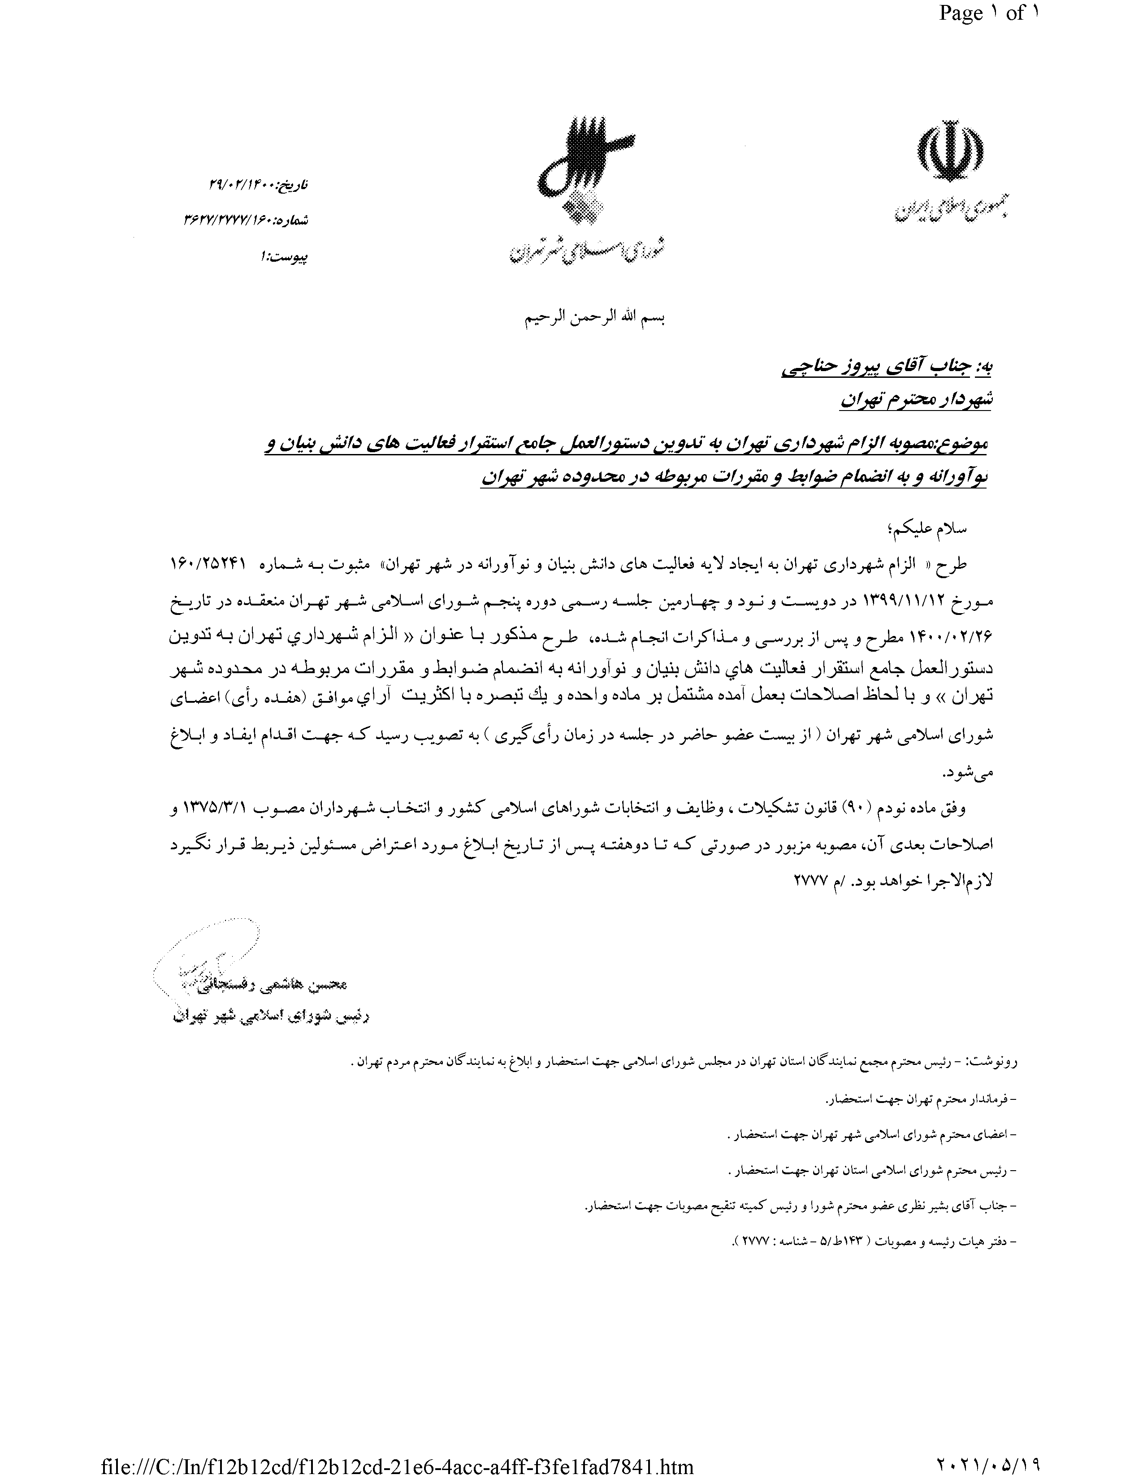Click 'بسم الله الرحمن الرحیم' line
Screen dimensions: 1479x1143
tap(595, 318)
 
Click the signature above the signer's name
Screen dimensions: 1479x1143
tap(203, 962)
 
